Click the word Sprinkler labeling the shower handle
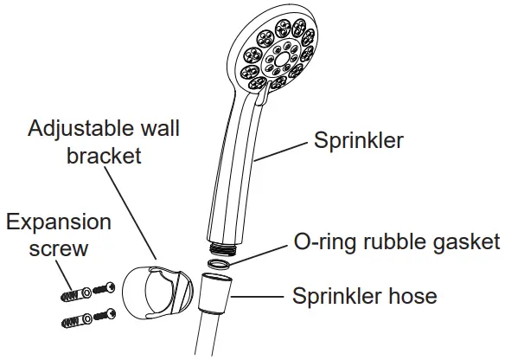[356, 140]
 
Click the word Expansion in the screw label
[58, 222]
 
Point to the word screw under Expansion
[58, 249]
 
